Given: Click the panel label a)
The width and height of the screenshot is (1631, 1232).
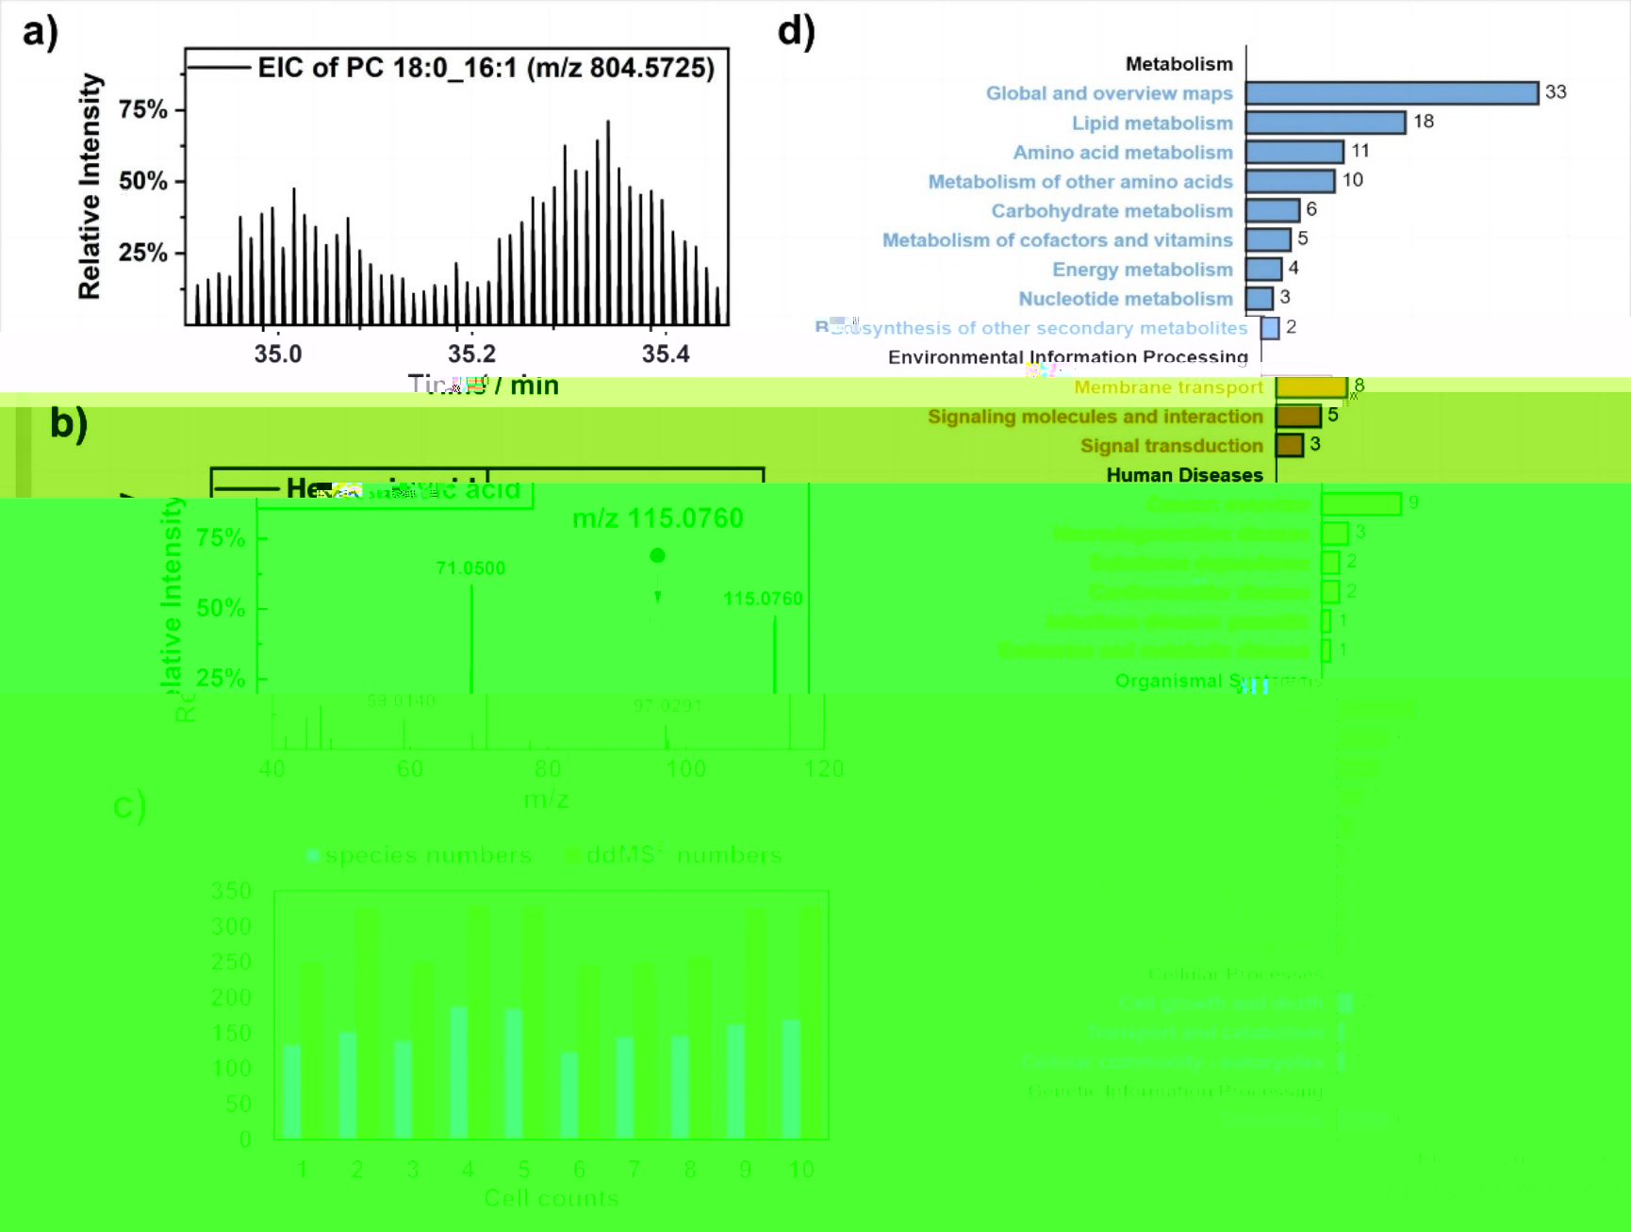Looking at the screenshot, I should point(40,32).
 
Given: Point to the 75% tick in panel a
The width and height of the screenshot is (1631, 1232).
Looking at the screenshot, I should point(142,109).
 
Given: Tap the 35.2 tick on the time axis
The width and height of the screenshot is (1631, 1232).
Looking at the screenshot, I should point(471,354).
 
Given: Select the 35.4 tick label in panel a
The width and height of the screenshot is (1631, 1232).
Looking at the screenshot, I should point(666,354).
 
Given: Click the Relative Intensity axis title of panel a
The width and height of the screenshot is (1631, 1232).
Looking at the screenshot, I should point(90,187).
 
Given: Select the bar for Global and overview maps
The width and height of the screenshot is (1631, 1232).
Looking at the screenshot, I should point(1392,92).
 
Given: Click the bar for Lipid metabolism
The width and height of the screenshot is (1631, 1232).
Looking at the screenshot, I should point(1326,123).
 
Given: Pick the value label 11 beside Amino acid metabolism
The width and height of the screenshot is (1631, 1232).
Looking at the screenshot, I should point(1359,151).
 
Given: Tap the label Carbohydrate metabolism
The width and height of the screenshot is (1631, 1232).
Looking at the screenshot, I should point(1112,211).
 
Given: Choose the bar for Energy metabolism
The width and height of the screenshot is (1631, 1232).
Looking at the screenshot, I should point(1263,270).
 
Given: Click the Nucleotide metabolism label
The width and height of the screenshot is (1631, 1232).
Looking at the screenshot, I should point(1126,299).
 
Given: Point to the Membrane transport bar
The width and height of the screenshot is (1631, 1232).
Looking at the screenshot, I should point(1311,386).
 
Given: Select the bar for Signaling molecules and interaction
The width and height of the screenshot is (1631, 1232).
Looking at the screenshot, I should point(1298,416).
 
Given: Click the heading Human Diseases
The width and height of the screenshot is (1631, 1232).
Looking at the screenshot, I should point(1184,475).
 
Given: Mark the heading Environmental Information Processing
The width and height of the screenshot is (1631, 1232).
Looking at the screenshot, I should point(1067,357).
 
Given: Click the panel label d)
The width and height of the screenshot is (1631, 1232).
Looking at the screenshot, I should point(796,32).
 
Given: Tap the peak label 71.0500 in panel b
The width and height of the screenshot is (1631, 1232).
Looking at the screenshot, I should point(470,568).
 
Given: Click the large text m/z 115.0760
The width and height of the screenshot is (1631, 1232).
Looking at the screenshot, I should point(657,518).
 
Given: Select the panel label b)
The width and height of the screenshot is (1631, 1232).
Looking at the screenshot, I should point(68,423).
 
